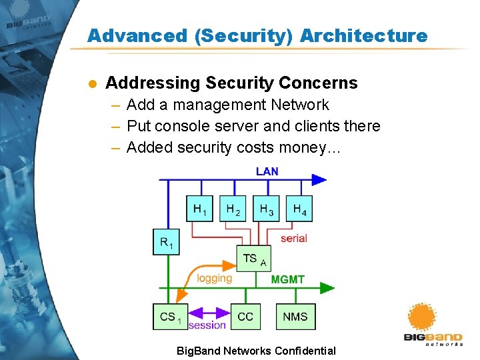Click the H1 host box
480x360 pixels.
coord(199,209)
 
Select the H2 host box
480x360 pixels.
coord(233,209)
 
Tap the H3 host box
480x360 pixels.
coord(266,209)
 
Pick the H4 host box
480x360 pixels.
coord(299,209)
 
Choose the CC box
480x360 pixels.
coord(245,317)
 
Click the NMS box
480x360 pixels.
coord(295,317)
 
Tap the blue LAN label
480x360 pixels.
coord(267,171)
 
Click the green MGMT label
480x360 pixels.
coord(288,279)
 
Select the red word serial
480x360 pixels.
coord(293,238)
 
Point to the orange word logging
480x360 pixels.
coord(214,278)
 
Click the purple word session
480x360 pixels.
coord(207,325)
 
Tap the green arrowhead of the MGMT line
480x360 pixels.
coord(327,288)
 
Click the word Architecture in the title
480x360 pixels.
coord(363,36)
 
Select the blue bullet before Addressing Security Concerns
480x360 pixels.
coord(93,83)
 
